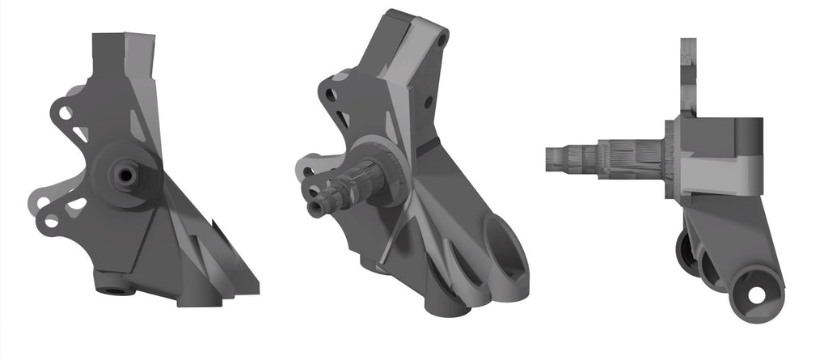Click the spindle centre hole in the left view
tap(125, 173)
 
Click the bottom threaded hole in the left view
tap(110, 286)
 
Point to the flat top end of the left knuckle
tap(123, 36)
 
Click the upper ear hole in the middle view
tap(330, 95)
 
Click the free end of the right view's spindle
tap(549, 159)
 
